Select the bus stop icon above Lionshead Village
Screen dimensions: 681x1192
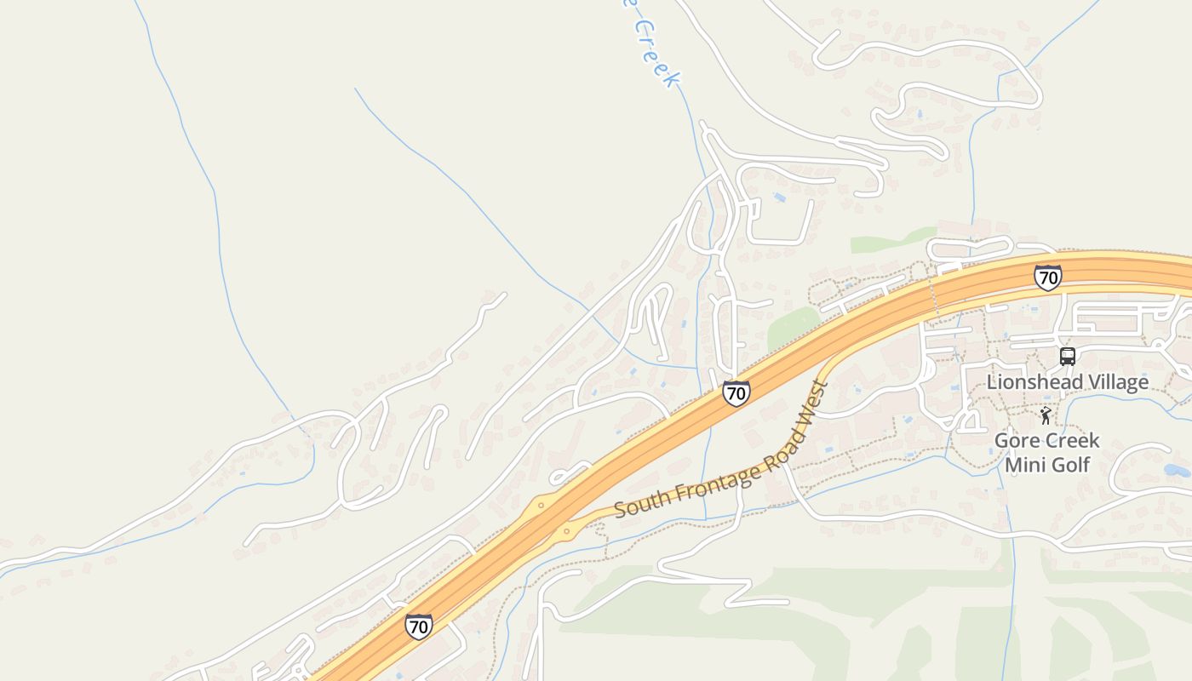coord(1068,356)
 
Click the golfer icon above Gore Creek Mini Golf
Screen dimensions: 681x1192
coord(1046,415)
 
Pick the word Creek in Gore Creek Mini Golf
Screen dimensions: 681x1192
coord(1073,441)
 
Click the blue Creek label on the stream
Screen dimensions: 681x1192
coord(656,51)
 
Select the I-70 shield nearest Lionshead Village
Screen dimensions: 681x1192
coord(1048,278)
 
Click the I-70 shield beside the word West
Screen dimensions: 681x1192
coord(736,393)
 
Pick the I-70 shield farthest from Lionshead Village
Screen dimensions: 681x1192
coord(418,627)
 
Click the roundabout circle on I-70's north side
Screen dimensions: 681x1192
coord(541,505)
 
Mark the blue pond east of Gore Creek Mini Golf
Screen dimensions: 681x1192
coord(1176,469)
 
